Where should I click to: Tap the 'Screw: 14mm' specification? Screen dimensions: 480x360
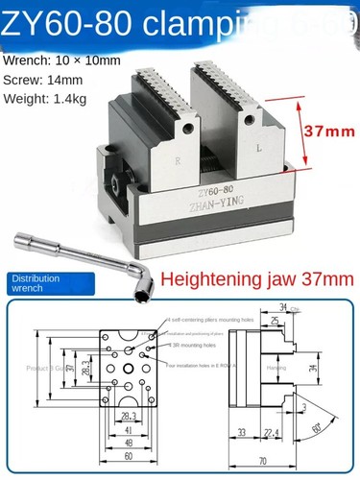click(44, 80)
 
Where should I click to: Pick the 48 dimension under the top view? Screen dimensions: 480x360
click(127, 444)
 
